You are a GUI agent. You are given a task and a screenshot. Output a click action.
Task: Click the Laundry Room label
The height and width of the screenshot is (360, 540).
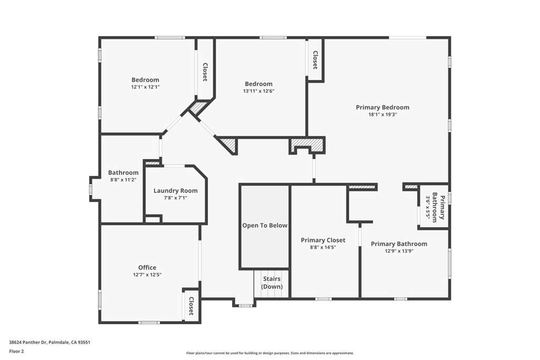[x=176, y=191]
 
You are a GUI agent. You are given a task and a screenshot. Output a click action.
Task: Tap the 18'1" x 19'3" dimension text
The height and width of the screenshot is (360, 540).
[x=383, y=114]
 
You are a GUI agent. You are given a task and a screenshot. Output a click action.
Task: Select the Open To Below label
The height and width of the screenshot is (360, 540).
[x=265, y=226]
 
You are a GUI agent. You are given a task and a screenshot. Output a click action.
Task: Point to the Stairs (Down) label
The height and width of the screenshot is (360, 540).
[x=272, y=283]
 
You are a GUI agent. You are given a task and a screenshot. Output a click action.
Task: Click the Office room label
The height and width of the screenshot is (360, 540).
[x=148, y=267]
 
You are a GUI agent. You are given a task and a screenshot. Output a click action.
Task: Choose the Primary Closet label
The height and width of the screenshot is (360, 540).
[x=323, y=240]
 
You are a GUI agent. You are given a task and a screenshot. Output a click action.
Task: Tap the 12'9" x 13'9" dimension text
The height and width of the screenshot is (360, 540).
[x=399, y=251]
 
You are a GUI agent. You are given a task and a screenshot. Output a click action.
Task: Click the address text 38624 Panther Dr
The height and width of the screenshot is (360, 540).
[x=28, y=343]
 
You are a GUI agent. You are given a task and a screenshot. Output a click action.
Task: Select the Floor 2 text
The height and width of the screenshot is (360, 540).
[x=16, y=352]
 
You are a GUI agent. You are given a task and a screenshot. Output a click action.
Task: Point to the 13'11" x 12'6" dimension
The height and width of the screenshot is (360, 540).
[x=258, y=91]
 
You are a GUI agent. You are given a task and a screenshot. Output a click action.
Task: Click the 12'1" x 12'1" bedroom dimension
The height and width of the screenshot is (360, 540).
[x=146, y=87]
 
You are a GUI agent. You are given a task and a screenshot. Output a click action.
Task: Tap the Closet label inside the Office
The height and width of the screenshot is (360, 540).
[x=191, y=306]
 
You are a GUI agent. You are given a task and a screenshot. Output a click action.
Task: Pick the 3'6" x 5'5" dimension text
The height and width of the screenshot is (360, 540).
[x=428, y=207]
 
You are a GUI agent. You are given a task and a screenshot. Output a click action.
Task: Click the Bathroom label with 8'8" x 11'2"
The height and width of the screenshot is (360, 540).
[x=123, y=173]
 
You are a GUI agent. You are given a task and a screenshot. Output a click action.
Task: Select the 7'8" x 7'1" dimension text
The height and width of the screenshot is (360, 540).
[x=176, y=198]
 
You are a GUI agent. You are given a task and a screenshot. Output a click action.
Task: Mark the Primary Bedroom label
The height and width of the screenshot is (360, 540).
[x=383, y=108]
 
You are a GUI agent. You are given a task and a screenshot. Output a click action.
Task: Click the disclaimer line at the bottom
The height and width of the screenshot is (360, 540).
[x=270, y=353]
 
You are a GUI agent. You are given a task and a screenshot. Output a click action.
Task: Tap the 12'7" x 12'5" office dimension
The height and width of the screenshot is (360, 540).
[x=148, y=275]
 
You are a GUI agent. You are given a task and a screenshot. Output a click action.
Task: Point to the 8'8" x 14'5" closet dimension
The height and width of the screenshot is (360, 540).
[x=323, y=247]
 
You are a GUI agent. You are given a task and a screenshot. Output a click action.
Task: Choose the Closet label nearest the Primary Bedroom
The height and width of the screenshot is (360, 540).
[x=315, y=60]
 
